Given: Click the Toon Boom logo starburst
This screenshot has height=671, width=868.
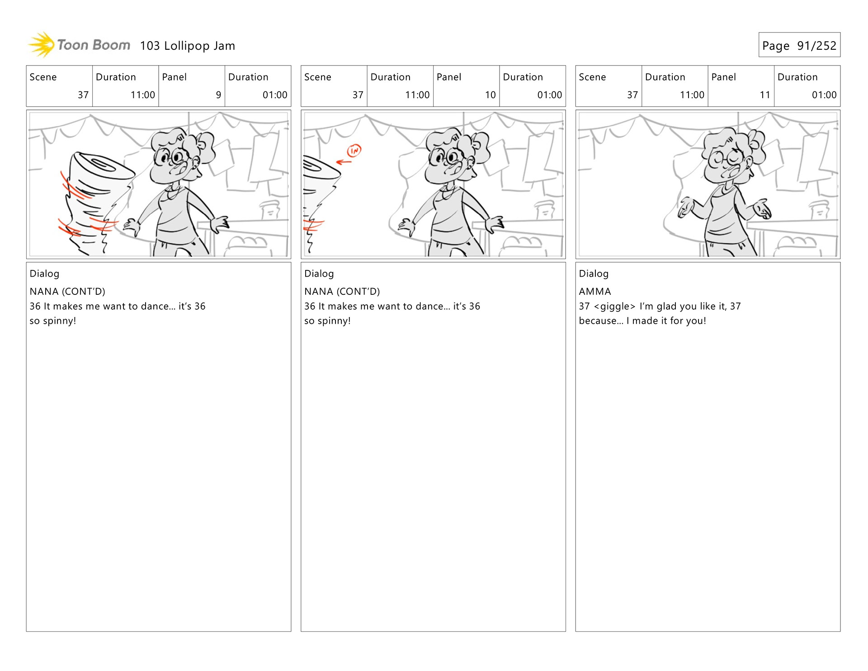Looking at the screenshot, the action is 42,44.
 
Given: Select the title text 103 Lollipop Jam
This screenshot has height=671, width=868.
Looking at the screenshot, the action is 188,46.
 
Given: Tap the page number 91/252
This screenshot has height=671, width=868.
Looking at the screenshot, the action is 816,46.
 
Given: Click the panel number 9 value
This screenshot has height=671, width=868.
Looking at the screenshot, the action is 218,95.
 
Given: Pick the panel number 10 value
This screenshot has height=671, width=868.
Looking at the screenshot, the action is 491,95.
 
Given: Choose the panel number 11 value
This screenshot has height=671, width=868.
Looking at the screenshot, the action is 765,95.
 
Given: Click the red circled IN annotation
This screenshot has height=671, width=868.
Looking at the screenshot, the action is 354,150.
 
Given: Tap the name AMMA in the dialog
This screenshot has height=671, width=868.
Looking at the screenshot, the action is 595,291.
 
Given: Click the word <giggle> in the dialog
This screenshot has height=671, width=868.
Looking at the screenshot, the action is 615,306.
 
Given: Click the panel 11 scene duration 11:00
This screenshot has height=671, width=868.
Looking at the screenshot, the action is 692,95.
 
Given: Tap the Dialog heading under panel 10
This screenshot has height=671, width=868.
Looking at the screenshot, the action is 319,274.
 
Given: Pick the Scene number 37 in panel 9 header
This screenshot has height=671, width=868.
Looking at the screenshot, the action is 83,95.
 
